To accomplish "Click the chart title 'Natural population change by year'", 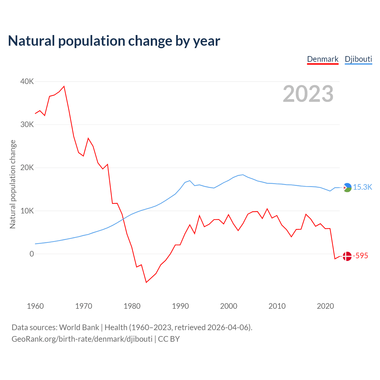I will pyautogui.click(x=114, y=41).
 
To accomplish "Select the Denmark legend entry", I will pyautogui.click(x=323, y=59).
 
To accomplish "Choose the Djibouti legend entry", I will pyautogui.click(x=358, y=59).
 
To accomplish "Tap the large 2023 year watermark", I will pyautogui.click(x=308, y=94).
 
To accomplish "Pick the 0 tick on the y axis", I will pyautogui.click(x=32, y=254).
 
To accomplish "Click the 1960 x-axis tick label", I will pyautogui.click(x=35, y=306).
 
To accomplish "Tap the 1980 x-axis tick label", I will pyautogui.click(x=132, y=306).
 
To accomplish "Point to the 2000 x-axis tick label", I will pyautogui.click(x=229, y=306).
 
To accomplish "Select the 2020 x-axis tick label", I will pyautogui.click(x=325, y=306).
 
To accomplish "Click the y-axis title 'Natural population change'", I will pyautogui.click(x=12, y=184).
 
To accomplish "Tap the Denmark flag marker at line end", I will pyautogui.click(x=347, y=256).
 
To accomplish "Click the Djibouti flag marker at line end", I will pyautogui.click(x=347, y=187).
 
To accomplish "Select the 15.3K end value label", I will pyautogui.click(x=362, y=187).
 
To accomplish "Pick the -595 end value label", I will pyautogui.click(x=360, y=256).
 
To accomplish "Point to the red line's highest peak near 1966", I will pyautogui.click(x=64, y=86).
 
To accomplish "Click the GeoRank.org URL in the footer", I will pyautogui.click(x=82, y=339).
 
